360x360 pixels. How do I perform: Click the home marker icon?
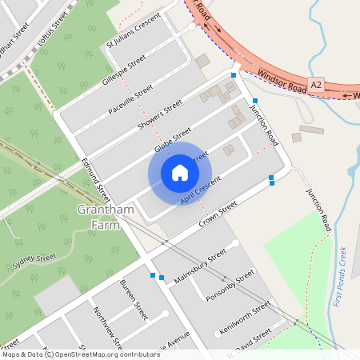pyautogui.click(x=180, y=173)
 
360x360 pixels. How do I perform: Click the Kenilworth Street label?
pyautogui.click(x=250, y=315)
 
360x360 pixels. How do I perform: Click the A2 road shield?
pyautogui.click(x=317, y=83)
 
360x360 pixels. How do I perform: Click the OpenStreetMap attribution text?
pyautogui.click(x=81, y=354)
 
